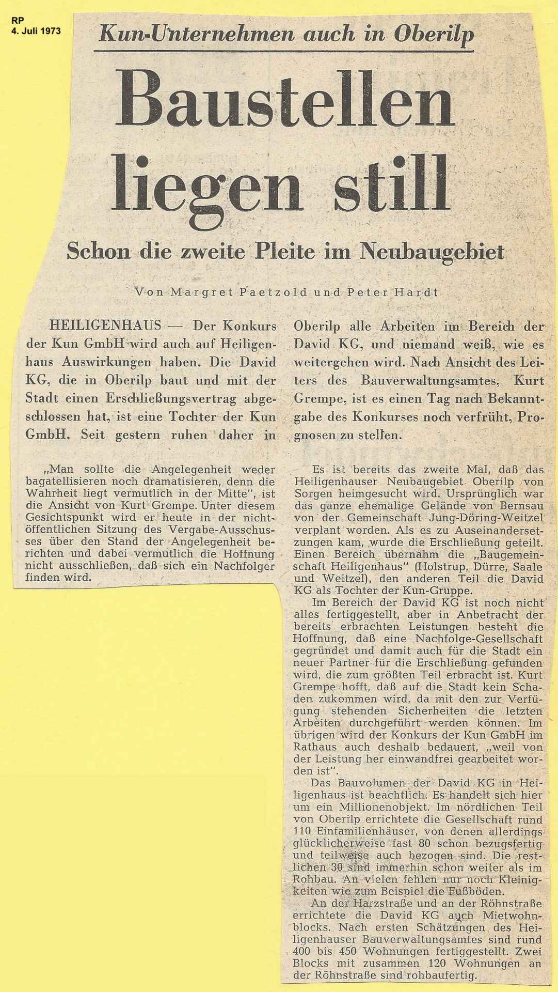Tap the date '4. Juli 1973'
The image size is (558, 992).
click(36, 31)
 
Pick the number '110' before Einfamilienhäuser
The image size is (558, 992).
click(303, 832)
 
